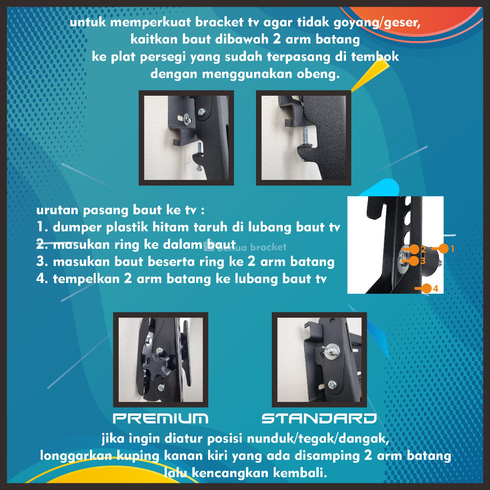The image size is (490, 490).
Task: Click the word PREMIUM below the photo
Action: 161,418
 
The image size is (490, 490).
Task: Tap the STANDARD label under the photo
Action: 319,418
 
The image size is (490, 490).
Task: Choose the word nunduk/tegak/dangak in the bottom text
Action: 318,438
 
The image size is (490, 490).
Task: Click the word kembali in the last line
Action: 300,472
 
